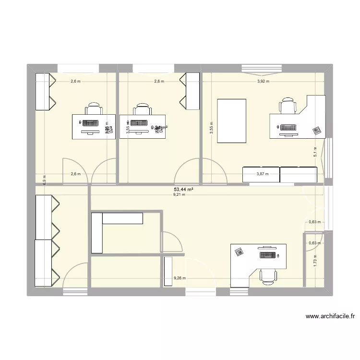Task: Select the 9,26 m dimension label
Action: (x=180, y=278)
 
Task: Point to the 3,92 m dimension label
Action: (x=263, y=82)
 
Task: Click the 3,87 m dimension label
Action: (x=262, y=175)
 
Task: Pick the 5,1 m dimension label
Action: (x=315, y=152)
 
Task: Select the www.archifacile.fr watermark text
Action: (x=329, y=317)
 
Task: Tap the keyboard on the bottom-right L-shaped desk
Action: (x=268, y=255)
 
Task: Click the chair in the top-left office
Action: (x=94, y=109)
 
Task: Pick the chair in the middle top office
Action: (x=141, y=109)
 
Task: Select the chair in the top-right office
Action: (x=288, y=106)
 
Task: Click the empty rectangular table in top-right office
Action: (x=232, y=120)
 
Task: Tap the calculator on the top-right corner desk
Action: (x=316, y=130)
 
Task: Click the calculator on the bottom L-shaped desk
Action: (x=239, y=251)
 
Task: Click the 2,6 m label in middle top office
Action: (x=159, y=82)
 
